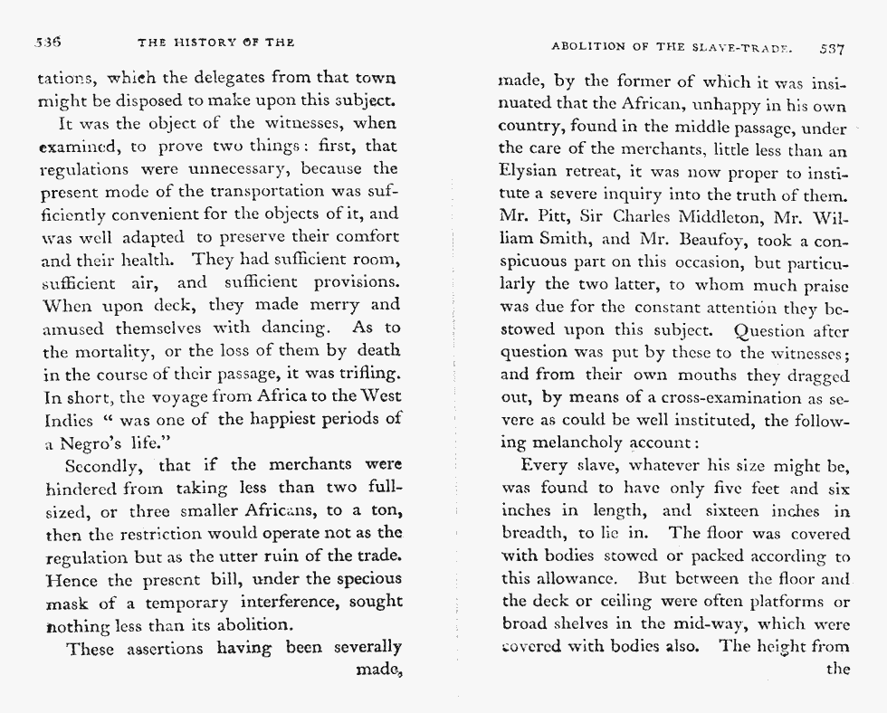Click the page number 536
tap(46, 43)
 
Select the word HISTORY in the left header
tap(210, 43)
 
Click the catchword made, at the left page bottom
tap(377, 670)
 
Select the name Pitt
tap(558, 216)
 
